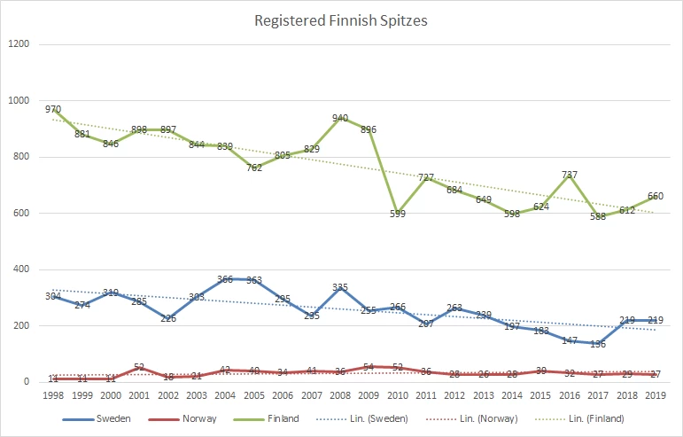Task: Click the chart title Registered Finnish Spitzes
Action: pyautogui.click(x=341, y=20)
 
